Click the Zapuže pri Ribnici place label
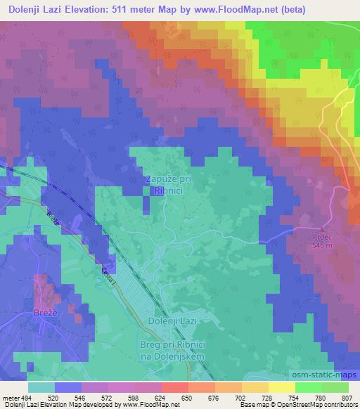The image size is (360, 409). [x=168, y=185]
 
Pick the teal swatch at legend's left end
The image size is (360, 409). [x=41, y=387]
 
